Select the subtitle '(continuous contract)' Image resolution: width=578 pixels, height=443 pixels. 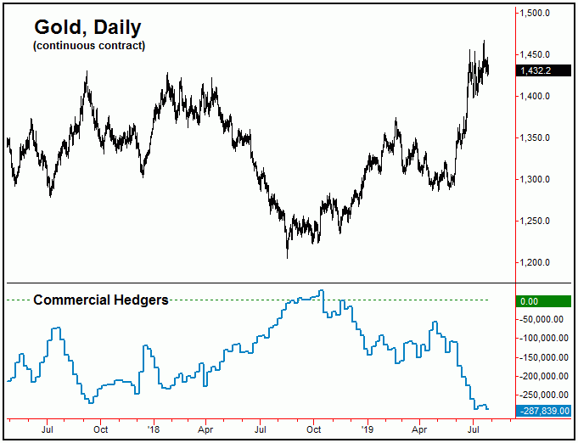tap(89, 45)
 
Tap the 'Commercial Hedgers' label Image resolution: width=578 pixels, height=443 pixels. tap(100, 300)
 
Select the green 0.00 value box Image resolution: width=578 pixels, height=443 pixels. tap(543, 300)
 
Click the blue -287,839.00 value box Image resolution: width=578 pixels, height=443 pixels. tap(543, 411)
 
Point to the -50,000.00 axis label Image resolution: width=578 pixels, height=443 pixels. tap(543, 320)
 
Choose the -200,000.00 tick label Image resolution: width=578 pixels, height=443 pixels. tap(543, 376)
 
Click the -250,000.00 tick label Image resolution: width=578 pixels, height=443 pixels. tap(543, 395)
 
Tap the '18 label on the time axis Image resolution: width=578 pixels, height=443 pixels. tap(154, 429)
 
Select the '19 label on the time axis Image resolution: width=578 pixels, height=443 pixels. tap(367, 429)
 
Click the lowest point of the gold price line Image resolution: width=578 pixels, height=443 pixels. tap(287, 257)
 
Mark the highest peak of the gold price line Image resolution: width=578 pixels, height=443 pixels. tap(484, 41)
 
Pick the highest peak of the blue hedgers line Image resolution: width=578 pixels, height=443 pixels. tap(321, 291)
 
